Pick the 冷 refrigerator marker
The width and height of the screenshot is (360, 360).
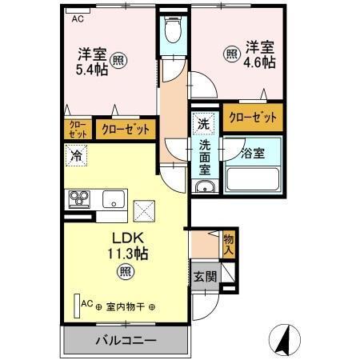coord(78,157)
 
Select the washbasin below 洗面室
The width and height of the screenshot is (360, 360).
coord(205,189)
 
